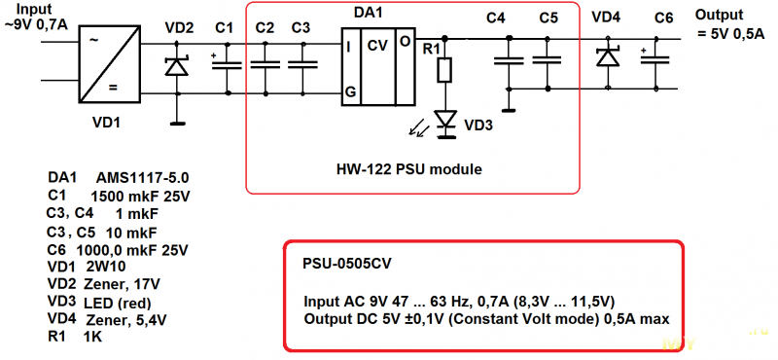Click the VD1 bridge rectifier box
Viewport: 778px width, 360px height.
[109, 64]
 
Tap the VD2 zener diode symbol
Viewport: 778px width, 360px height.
[177, 66]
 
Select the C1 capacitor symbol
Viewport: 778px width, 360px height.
[227, 65]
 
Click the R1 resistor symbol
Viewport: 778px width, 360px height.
[444, 69]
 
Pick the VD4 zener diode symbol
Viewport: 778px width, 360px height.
[608, 56]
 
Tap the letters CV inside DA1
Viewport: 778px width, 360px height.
[378, 45]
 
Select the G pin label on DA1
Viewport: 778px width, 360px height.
[349, 92]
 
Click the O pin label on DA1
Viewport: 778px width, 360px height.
[405, 42]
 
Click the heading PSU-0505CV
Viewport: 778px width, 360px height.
[347, 264]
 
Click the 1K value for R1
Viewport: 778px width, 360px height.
[93, 337]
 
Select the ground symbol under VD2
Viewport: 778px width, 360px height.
[177, 124]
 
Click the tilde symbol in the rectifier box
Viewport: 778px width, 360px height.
[93, 40]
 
